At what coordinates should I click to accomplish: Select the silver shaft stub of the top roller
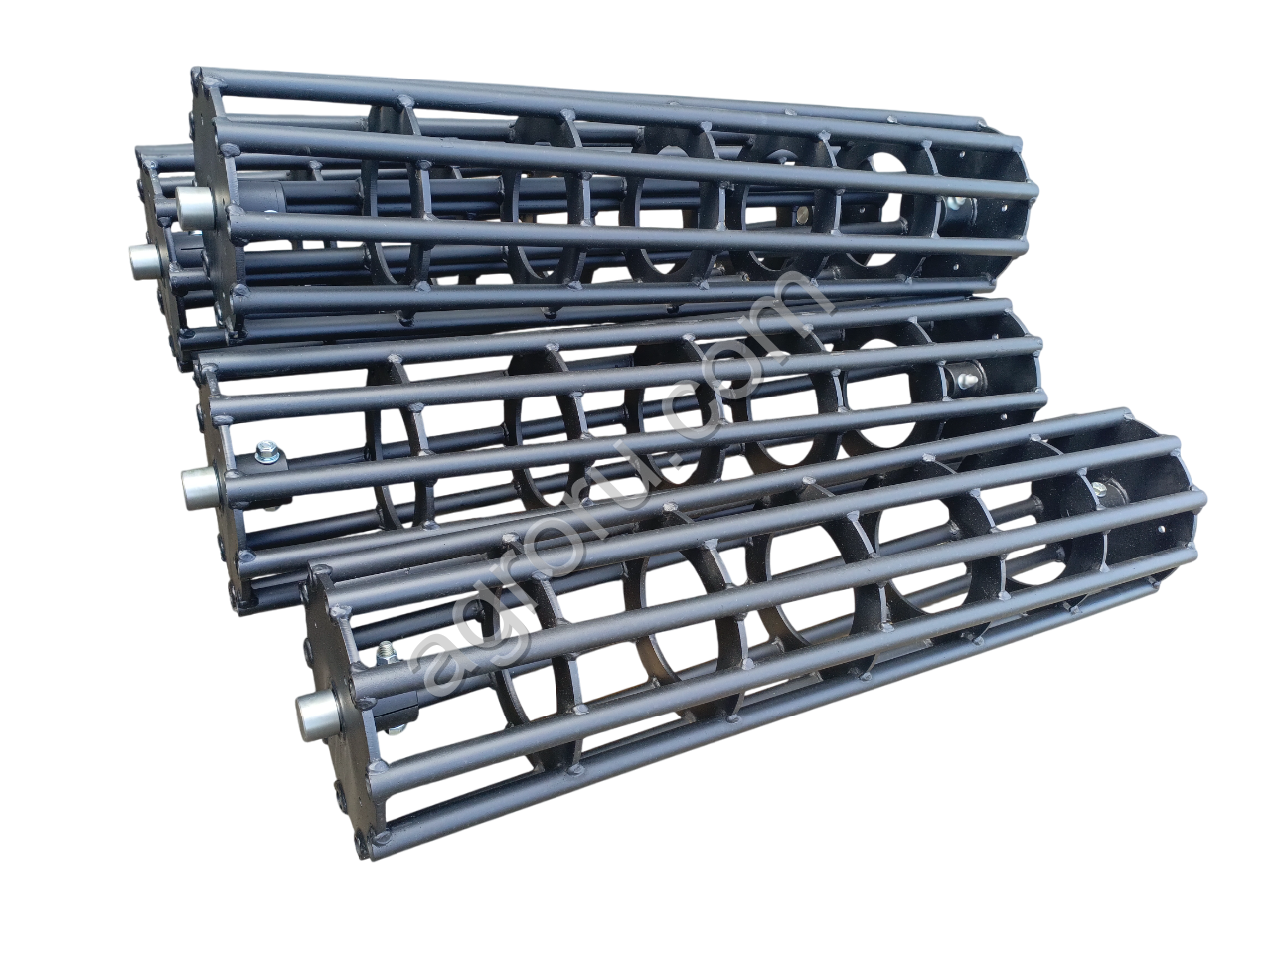coord(192,207)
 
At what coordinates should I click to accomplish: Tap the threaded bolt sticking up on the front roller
coord(384,653)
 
